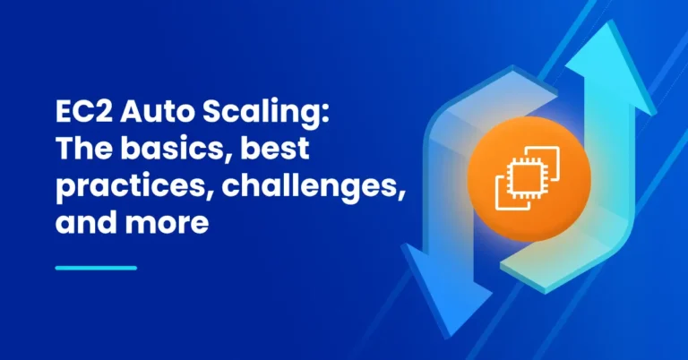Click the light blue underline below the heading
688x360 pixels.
coord(96,267)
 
